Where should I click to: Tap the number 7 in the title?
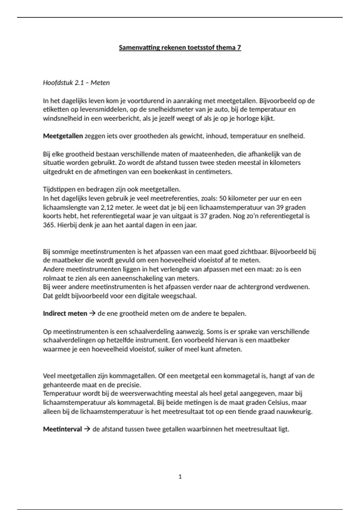pos(239,48)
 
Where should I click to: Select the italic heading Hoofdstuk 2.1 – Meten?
pos(76,82)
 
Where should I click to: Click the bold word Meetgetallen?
pos(63,136)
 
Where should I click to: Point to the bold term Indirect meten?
pos(65,313)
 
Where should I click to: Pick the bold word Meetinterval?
pos(62,429)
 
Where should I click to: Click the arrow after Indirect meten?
pos(92,313)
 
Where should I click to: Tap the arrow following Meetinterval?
pos(87,429)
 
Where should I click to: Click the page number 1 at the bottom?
pos(180,476)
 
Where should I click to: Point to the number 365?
pos(48,225)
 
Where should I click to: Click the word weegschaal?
pos(181,296)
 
